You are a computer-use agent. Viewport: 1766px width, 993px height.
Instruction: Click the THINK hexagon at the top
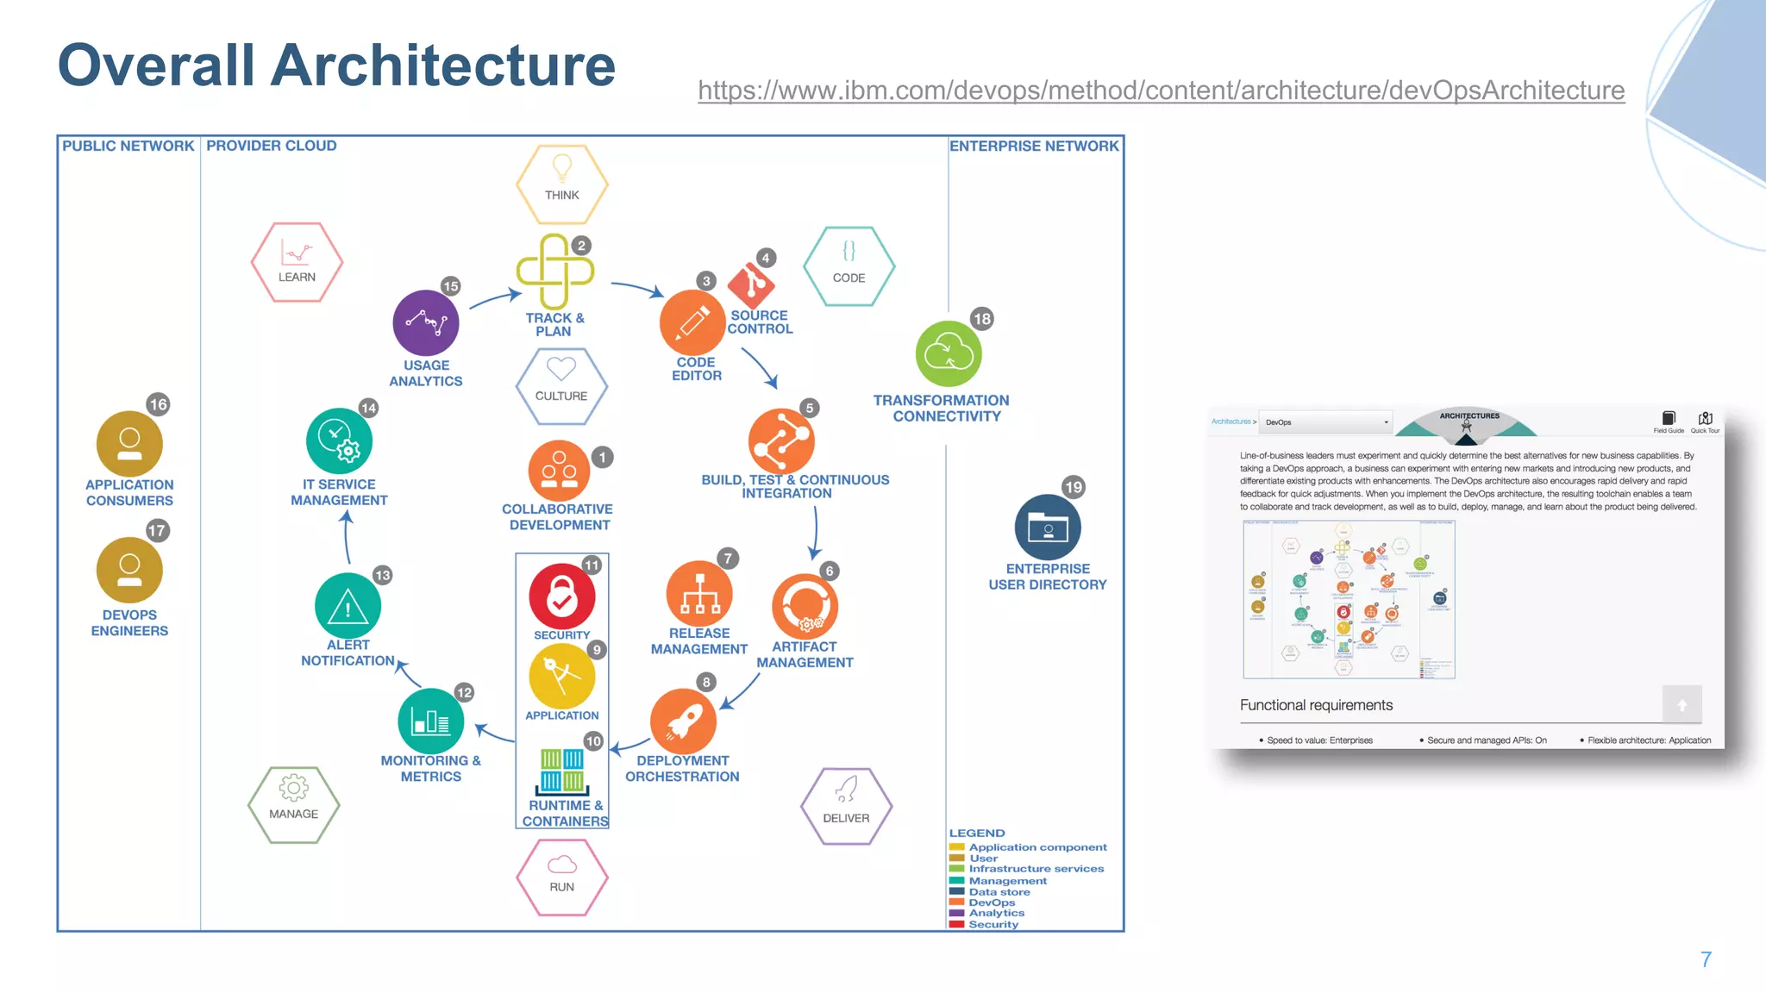(x=561, y=184)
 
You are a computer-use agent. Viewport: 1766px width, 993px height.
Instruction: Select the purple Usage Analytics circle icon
(x=425, y=323)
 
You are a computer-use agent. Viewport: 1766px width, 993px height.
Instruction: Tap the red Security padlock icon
(x=561, y=596)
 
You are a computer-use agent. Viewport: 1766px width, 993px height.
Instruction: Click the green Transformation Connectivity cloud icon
(x=949, y=354)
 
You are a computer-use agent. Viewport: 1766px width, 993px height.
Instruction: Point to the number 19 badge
(x=1073, y=487)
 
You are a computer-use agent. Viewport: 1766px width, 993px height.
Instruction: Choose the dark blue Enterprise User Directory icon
(x=1048, y=527)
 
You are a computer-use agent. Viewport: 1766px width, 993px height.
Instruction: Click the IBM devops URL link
(x=1161, y=91)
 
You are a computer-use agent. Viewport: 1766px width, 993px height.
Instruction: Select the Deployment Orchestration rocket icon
(x=683, y=721)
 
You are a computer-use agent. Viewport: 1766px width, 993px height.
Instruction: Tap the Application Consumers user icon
(x=129, y=444)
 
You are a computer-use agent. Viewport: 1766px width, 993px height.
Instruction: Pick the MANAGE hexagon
(x=293, y=804)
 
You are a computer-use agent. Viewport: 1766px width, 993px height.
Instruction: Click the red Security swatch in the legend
(x=956, y=924)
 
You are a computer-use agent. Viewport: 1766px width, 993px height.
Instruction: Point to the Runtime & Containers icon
(x=563, y=771)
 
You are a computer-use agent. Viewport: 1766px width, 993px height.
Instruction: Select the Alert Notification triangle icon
(x=348, y=607)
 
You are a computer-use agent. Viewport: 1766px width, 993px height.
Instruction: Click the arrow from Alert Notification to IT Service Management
(x=347, y=538)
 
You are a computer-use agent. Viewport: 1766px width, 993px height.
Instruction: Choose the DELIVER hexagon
(x=846, y=806)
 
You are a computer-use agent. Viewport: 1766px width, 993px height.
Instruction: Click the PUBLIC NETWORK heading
(x=128, y=146)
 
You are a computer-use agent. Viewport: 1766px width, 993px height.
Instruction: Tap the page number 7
(x=1705, y=959)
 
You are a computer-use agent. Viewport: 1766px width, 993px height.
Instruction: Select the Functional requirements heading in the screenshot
(x=1316, y=705)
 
